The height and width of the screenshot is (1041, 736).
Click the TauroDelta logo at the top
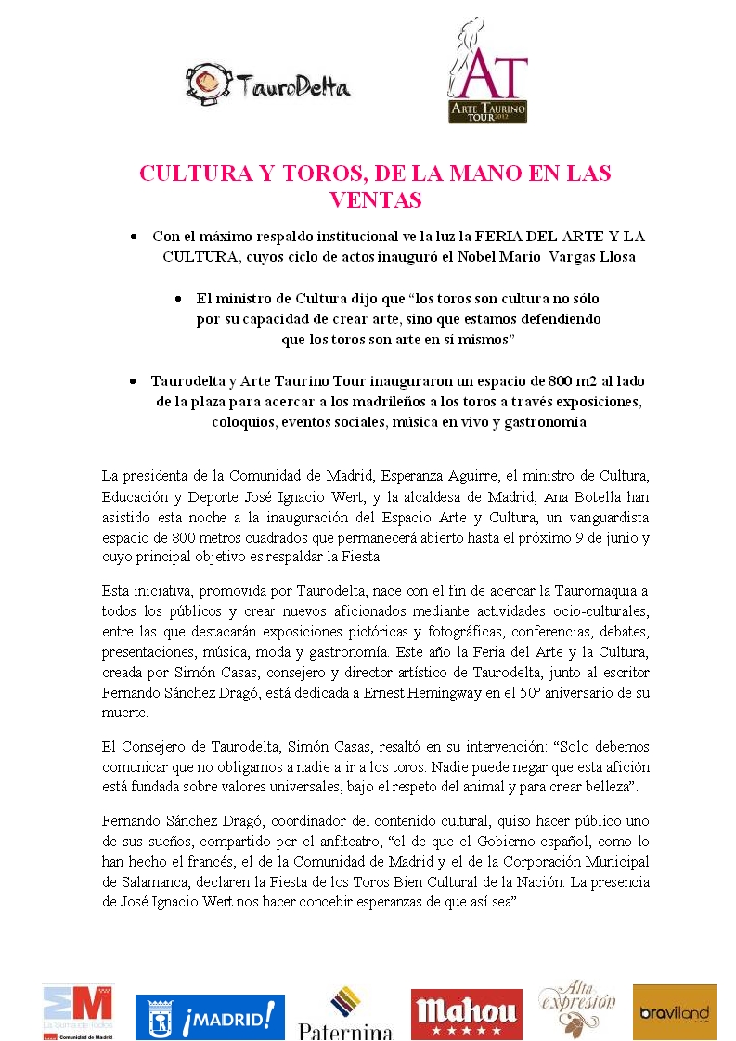(267, 85)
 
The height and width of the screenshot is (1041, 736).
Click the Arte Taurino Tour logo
(488, 71)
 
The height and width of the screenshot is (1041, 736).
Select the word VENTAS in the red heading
(376, 199)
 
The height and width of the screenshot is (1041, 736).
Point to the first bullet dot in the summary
(136, 238)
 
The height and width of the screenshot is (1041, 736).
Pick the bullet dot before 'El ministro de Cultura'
(178, 300)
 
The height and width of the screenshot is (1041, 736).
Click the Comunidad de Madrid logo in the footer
(77, 1012)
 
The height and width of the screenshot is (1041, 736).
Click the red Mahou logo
(466, 1012)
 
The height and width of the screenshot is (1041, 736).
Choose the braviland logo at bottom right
(675, 1012)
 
